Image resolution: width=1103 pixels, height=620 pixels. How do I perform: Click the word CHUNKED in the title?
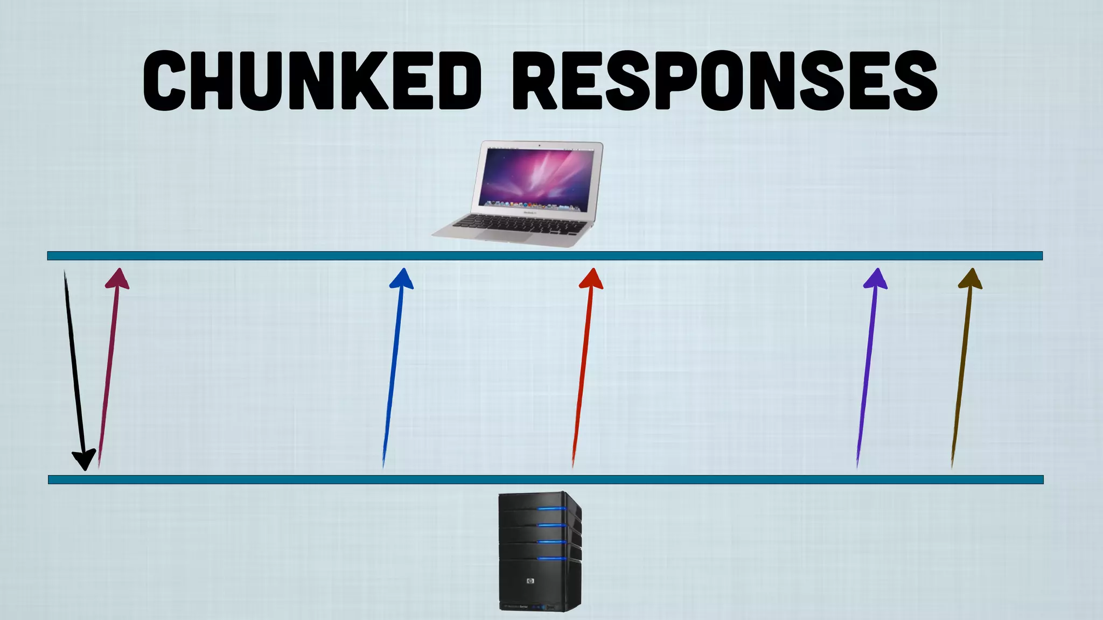(x=312, y=81)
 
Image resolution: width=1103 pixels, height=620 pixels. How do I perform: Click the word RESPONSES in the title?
(x=724, y=81)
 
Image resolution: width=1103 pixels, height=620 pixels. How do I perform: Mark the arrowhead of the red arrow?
(x=591, y=279)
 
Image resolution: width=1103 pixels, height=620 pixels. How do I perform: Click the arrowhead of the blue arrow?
(x=402, y=279)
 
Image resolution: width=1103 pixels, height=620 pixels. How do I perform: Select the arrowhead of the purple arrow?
(x=876, y=279)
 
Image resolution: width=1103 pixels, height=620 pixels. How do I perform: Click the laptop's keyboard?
(x=520, y=224)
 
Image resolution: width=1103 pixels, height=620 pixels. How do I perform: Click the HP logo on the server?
(x=529, y=581)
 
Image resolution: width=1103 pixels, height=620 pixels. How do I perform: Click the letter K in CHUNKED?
(x=355, y=81)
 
